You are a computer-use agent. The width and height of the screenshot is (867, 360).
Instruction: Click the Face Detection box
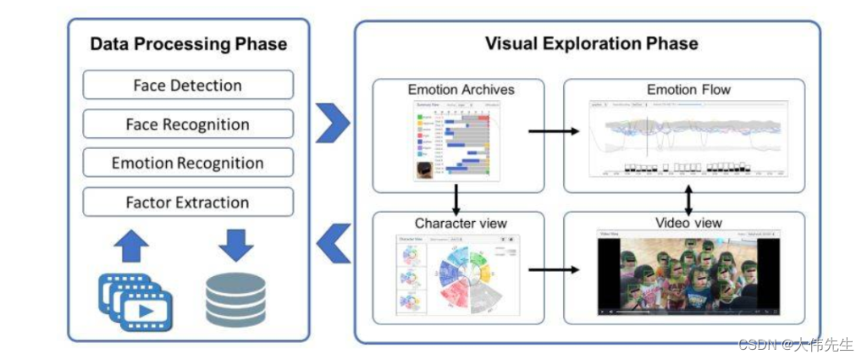188,86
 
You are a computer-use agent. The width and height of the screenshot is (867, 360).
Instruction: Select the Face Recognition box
188,125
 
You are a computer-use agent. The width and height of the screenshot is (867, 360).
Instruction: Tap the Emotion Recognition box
188,163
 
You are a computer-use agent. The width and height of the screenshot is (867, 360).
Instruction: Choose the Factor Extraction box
188,202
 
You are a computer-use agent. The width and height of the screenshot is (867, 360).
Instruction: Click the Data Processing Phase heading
188,44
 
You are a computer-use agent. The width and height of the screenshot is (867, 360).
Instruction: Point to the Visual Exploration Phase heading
591,43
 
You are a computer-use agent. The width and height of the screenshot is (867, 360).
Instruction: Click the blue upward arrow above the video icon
130,245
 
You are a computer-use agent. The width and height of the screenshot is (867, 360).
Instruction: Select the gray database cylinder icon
235,299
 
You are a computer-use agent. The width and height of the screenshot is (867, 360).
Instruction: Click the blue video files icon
136,301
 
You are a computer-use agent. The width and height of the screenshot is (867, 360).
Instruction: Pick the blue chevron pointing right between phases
333,124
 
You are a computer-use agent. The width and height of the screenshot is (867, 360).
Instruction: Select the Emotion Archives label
461,89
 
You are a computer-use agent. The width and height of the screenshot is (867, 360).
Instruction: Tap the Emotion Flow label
688,89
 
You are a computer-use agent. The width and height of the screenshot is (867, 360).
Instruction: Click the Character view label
461,224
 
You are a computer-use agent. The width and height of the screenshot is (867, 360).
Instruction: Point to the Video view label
688,223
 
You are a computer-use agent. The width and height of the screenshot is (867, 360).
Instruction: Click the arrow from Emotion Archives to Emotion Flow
554,131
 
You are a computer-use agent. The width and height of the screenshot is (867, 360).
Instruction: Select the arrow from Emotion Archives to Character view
456,199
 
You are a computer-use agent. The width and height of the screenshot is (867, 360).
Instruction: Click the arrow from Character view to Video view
554,270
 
